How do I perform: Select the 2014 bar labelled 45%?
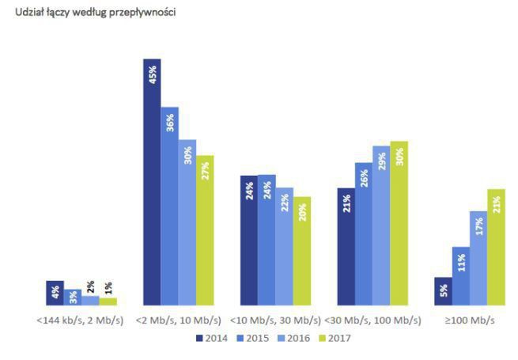152,182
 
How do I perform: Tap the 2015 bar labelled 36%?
169,206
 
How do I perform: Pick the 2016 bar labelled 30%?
187,222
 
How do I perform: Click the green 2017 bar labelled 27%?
205,230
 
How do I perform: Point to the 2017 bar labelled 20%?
301,251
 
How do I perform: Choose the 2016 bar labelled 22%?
284,246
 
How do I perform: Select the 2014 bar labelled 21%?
346,246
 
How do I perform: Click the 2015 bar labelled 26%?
363,234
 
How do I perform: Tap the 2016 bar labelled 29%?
380,225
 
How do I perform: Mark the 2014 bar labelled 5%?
443,291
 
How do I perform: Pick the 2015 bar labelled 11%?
460,276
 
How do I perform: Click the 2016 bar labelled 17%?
478,258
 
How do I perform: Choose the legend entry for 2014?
210,338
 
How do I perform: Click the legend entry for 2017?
331,338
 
